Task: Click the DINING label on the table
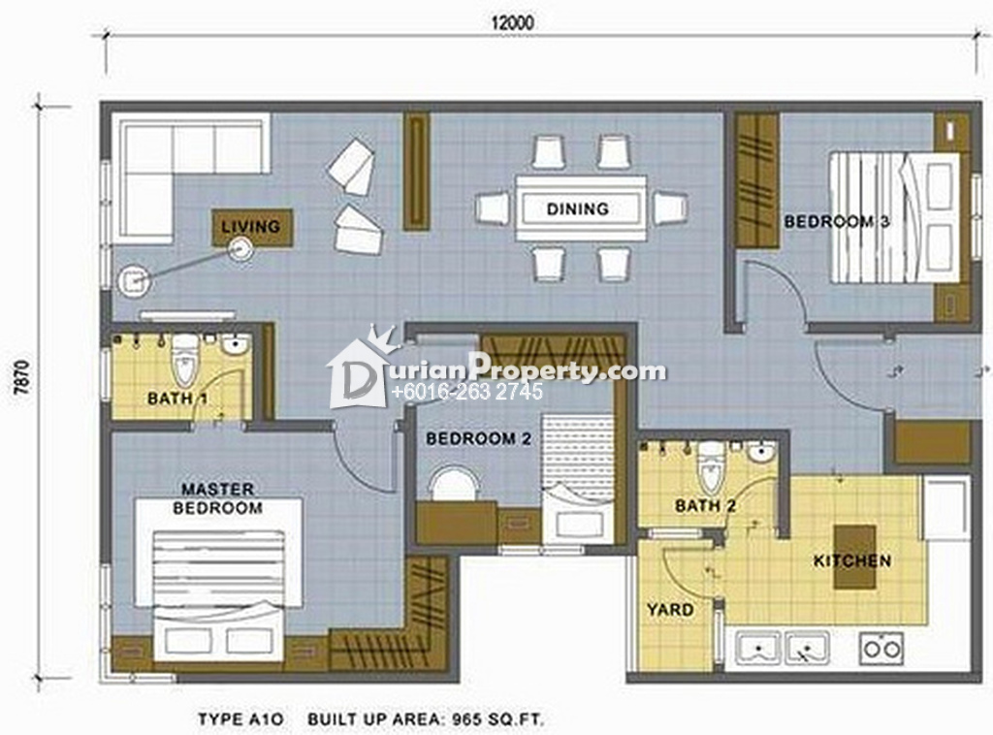[578, 208]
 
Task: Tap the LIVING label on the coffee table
[250, 226]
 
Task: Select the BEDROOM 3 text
[837, 222]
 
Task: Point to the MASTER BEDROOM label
[217, 498]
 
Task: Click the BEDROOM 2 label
[478, 438]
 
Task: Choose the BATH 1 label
[177, 399]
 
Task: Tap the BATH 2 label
[706, 506]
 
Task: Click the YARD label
[670, 610]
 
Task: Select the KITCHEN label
[851, 560]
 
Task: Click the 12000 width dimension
[512, 23]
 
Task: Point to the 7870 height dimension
[23, 377]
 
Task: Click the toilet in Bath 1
[184, 359]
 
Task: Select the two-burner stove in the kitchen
[881, 648]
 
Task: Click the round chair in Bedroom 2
[454, 484]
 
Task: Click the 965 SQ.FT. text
[497, 719]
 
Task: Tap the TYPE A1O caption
[240, 719]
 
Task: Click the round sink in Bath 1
[236, 345]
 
